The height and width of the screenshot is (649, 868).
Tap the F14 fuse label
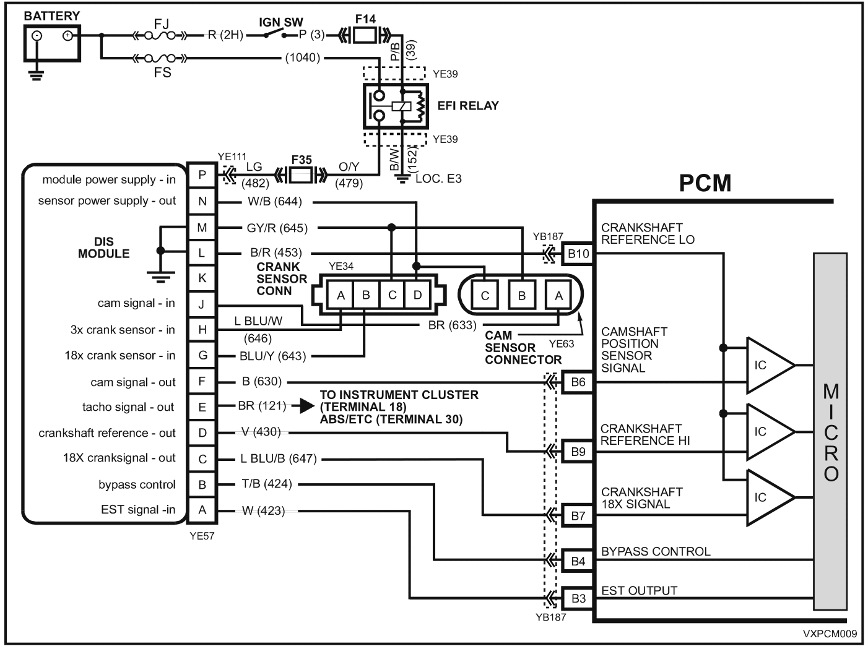[x=365, y=19]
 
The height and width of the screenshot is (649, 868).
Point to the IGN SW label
[x=280, y=22]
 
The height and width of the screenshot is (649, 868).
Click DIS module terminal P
[x=202, y=176]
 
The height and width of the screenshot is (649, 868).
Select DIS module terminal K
[x=202, y=278]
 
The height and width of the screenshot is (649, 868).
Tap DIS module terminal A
[x=202, y=510]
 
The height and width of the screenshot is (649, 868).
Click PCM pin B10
[x=578, y=254]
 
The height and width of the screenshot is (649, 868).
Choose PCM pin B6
[x=578, y=382]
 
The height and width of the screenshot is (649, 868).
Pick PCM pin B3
[x=578, y=598]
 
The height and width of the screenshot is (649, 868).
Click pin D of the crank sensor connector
[x=417, y=295]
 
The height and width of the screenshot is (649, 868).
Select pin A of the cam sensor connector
[x=558, y=296]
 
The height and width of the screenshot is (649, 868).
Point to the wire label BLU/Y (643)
[x=273, y=356]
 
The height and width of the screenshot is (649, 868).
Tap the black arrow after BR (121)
[x=303, y=406]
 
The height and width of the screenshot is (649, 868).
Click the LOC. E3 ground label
[x=439, y=179]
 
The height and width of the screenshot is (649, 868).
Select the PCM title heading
[x=705, y=183]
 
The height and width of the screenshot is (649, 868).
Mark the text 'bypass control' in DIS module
[x=137, y=485]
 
